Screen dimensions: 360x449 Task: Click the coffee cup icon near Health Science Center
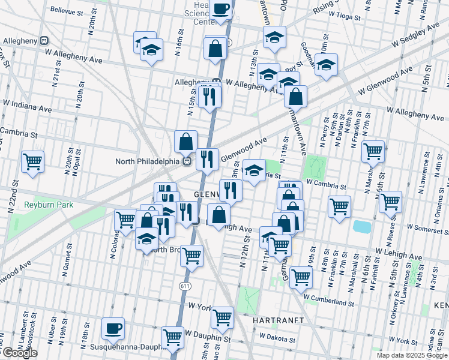coord(221,10)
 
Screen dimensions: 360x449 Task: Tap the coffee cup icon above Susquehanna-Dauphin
coord(113,329)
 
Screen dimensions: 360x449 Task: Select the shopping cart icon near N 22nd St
coord(32,161)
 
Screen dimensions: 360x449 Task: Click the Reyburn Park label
coord(48,205)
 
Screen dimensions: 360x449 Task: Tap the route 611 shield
coord(184,287)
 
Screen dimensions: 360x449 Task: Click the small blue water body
coord(362,227)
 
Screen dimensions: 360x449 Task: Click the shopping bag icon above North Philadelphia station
coord(186,142)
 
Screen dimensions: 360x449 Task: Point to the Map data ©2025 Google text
coord(412,355)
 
